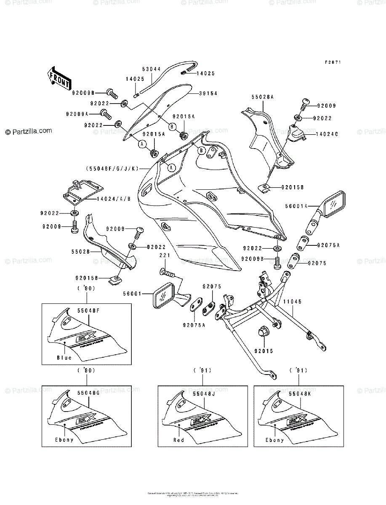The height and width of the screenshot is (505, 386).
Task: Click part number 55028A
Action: click(263, 97)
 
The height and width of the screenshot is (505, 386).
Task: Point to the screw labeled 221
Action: click(169, 272)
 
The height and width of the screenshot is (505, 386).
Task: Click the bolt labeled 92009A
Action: click(105, 114)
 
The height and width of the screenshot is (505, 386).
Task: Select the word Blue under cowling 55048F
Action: click(64, 358)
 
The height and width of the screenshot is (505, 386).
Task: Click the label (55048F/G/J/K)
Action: click(112, 168)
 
